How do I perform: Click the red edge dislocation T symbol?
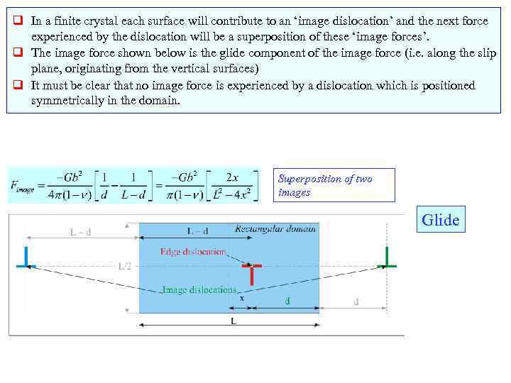click(x=251, y=272)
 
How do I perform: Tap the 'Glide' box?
click(x=440, y=220)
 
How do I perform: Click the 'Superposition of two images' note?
click(x=334, y=185)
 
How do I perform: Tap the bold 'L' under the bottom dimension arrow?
click(x=233, y=321)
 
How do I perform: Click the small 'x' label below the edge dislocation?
click(x=242, y=299)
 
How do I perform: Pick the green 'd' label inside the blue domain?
click(x=287, y=301)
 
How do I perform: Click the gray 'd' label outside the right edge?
click(x=356, y=301)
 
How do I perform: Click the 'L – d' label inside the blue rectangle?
click(x=197, y=231)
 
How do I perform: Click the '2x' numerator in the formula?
click(x=231, y=177)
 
